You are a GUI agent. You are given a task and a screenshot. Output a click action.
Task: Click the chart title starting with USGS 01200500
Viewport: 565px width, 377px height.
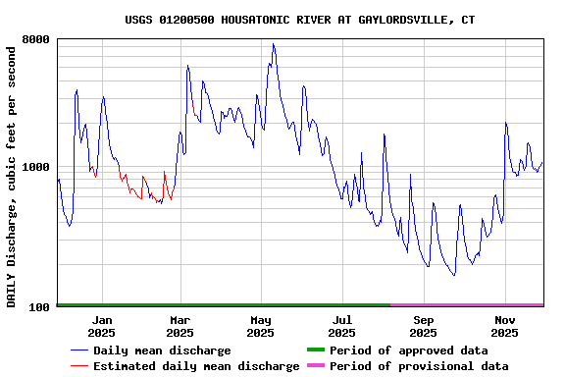click(x=300, y=20)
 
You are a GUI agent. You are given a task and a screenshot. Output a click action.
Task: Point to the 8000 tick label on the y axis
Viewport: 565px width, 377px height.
click(x=35, y=40)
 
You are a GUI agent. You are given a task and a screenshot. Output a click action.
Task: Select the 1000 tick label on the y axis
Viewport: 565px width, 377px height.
click(x=35, y=168)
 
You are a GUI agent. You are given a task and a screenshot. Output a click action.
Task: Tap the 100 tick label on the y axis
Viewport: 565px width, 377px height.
click(x=39, y=307)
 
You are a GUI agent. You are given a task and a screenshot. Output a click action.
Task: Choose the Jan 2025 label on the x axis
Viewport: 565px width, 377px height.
click(x=102, y=326)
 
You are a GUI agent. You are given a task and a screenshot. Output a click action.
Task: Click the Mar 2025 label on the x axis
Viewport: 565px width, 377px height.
click(x=180, y=326)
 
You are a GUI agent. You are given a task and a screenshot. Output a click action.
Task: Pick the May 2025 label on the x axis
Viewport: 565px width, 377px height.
click(x=261, y=326)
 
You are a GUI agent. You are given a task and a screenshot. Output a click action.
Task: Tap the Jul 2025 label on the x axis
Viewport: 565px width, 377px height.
click(x=341, y=326)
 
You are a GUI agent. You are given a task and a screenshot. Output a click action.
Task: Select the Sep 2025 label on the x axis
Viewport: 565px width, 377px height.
click(x=423, y=326)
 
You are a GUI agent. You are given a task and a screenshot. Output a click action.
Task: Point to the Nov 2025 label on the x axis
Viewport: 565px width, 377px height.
click(x=504, y=326)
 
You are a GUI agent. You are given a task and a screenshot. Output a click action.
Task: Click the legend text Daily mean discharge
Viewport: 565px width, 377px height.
click(x=162, y=350)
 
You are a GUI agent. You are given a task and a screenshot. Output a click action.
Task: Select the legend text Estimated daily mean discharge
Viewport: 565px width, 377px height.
click(x=196, y=366)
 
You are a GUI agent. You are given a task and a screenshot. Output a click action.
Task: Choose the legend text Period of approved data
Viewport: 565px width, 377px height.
click(x=408, y=350)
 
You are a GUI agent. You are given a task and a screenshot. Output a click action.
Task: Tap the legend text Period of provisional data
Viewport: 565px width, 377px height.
click(x=419, y=366)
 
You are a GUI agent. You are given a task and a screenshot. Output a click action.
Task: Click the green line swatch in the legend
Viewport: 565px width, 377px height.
click(x=315, y=350)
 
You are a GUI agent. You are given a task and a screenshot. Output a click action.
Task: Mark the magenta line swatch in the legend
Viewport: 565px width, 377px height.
click(x=315, y=366)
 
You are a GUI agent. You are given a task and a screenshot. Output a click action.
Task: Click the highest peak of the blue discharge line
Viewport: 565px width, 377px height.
click(x=273, y=44)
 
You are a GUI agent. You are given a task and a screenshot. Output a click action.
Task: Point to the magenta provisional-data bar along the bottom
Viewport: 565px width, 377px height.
click(x=466, y=305)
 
